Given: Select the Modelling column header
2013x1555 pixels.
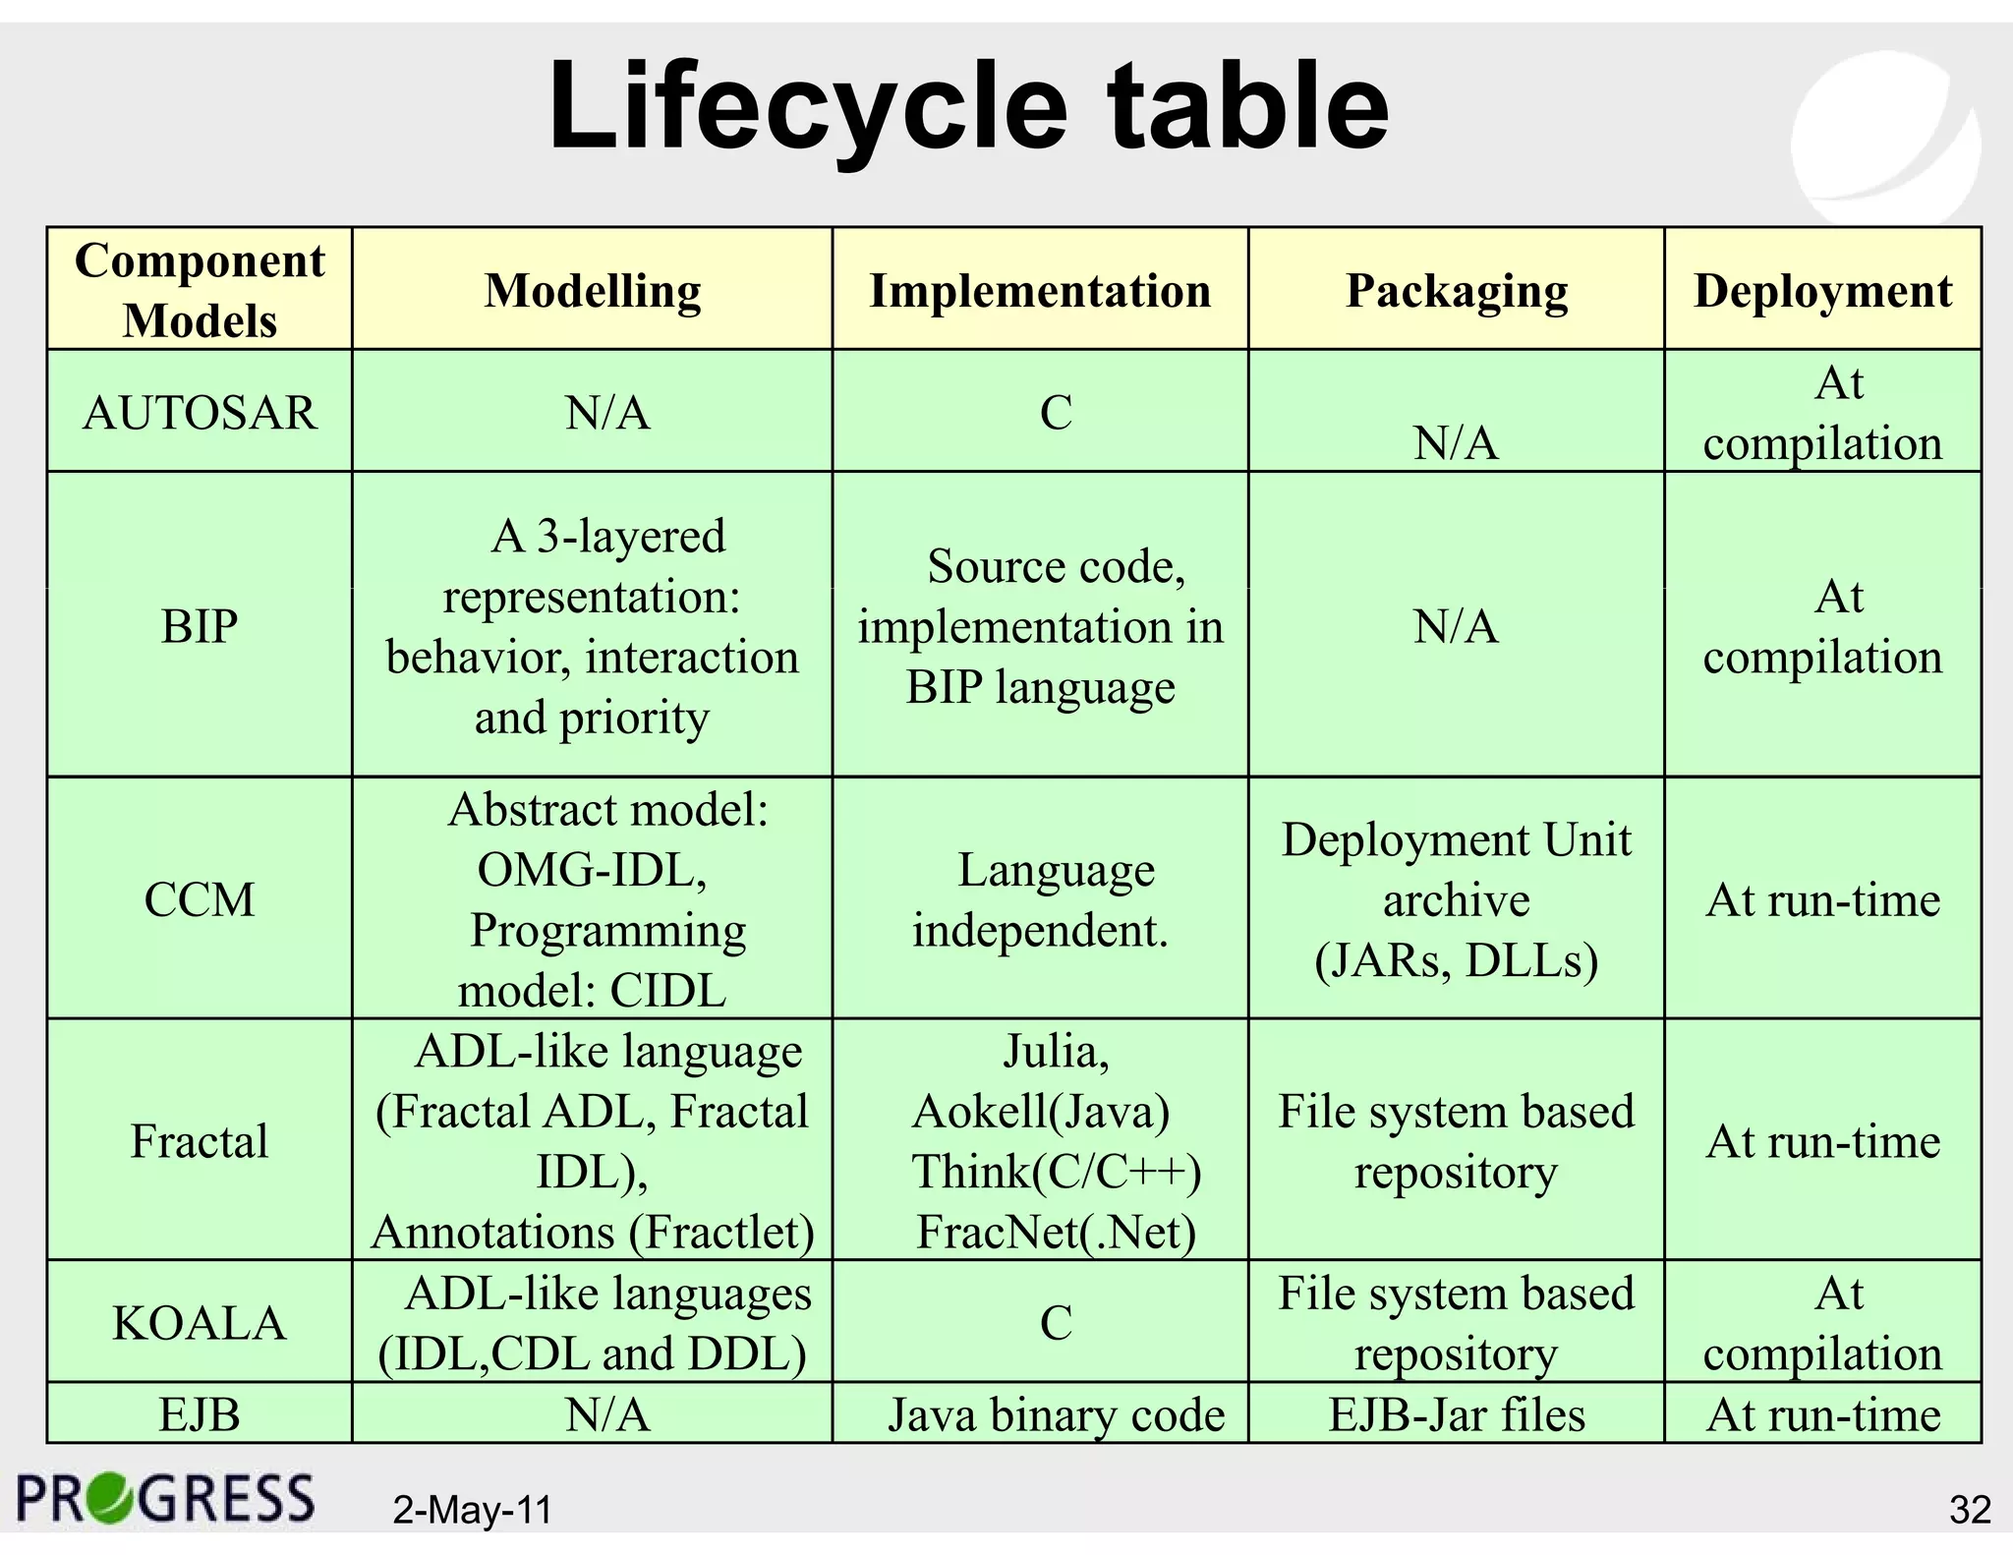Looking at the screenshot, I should coord(593,290).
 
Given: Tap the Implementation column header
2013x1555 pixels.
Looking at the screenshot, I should coord(1040,290).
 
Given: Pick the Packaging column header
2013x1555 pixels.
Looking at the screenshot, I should coord(1456,290).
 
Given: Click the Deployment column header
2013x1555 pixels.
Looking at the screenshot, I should coord(1822,290).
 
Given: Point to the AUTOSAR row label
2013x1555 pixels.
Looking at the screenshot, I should coord(200,412).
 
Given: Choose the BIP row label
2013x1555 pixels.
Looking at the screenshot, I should coord(200,626).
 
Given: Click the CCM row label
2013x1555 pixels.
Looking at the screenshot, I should coord(200,899).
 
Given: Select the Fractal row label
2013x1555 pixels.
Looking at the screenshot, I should coord(200,1141).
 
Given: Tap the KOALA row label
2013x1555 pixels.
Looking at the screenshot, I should coord(200,1323).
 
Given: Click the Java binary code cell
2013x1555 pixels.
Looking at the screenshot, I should coord(1056,1415).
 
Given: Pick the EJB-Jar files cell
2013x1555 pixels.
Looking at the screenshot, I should coord(1457,1415).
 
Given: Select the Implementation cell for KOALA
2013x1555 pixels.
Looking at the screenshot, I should coord(1056,1323).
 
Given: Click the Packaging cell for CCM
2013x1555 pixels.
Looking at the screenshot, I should coord(1456,899).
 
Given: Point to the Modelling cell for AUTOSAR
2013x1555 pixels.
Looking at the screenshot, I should coord(607,412).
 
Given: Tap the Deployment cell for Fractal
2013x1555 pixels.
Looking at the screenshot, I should coord(1823,1141).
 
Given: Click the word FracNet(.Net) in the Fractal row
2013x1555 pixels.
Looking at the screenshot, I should coord(1056,1233).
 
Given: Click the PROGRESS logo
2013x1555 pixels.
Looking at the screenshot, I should coord(166,1499).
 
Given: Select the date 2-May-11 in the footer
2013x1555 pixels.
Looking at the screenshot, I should coord(473,1510).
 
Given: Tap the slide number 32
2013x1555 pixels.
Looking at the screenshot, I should coord(1969,1510).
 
